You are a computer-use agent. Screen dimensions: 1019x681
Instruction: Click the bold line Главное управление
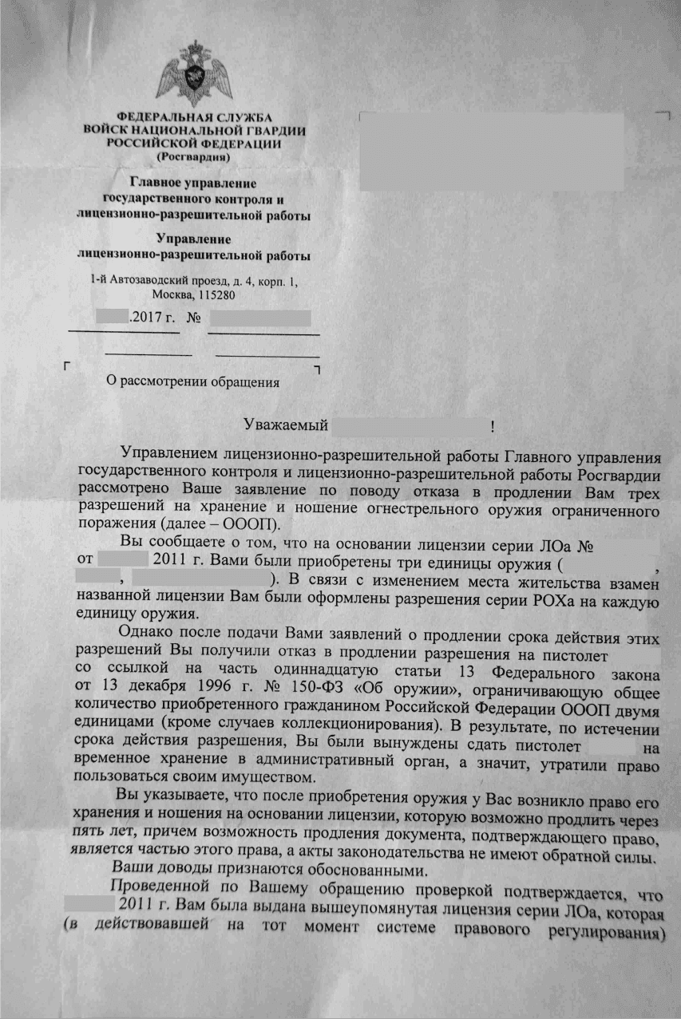(194, 184)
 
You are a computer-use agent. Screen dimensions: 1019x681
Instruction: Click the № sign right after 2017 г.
(192, 318)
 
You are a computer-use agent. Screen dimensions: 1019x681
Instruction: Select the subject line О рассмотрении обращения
(193, 381)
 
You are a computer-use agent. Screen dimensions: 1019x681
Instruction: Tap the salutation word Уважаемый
(283, 425)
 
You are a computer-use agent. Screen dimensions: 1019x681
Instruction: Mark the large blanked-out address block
(491, 152)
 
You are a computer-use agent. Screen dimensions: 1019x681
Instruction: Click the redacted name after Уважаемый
(409, 425)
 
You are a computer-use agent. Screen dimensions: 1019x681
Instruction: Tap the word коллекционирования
(362, 725)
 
